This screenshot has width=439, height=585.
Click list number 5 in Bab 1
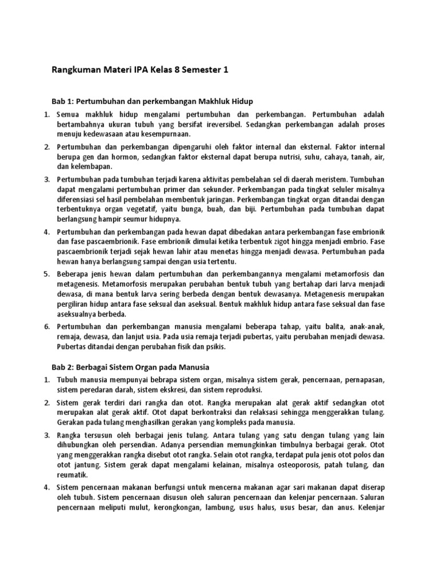pyautogui.click(x=47, y=275)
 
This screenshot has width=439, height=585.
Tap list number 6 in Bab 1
pyautogui.click(x=47, y=326)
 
